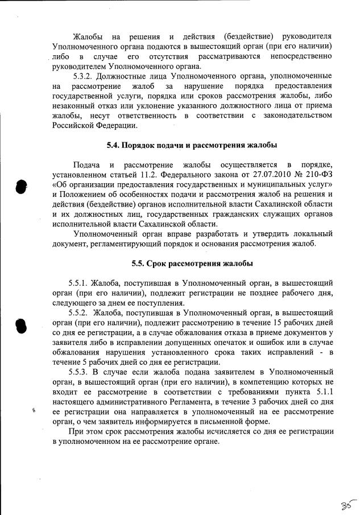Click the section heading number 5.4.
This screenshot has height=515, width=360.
[115, 145]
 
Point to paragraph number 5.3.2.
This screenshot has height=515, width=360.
[86, 76]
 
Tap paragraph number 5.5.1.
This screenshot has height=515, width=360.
[79, 283]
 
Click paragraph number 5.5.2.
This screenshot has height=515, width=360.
[79, 313]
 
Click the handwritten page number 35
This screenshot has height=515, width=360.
[345, 504]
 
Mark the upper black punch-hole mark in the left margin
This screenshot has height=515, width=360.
[21, 187]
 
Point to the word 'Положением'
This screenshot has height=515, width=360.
[81, 195]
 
